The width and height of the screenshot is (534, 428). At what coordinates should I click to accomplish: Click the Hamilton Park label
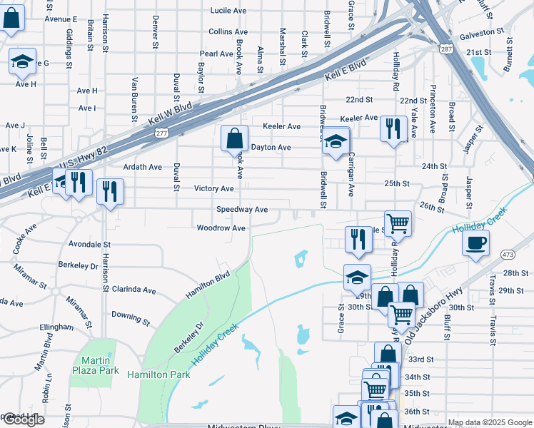tap(158, 374)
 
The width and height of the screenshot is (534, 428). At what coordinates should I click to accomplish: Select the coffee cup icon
tap(475, 243)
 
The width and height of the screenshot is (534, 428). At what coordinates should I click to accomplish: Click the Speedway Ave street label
tap(242, 210)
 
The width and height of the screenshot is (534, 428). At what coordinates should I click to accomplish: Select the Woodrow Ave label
tap(221, 228)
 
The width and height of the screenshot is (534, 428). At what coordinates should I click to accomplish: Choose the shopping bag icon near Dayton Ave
tap(234, 139)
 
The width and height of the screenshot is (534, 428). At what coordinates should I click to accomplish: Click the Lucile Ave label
tap(228, 11)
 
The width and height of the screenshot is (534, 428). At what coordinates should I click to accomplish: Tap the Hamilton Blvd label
tap(207, 284)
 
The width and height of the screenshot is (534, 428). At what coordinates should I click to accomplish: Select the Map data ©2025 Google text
tap(489, 422)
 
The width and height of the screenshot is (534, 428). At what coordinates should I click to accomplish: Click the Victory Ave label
tap(213, 188)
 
